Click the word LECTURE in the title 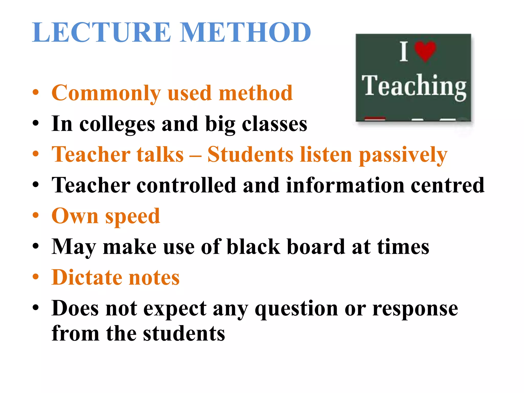(x=101, y=32)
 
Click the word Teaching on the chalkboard (x=414, y=86)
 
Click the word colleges (x=117, y=124)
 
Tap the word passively (x=403, y=155)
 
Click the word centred (x=447, y=185)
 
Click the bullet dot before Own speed (x=36, y=215)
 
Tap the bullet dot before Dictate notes (x=36, y=277)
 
